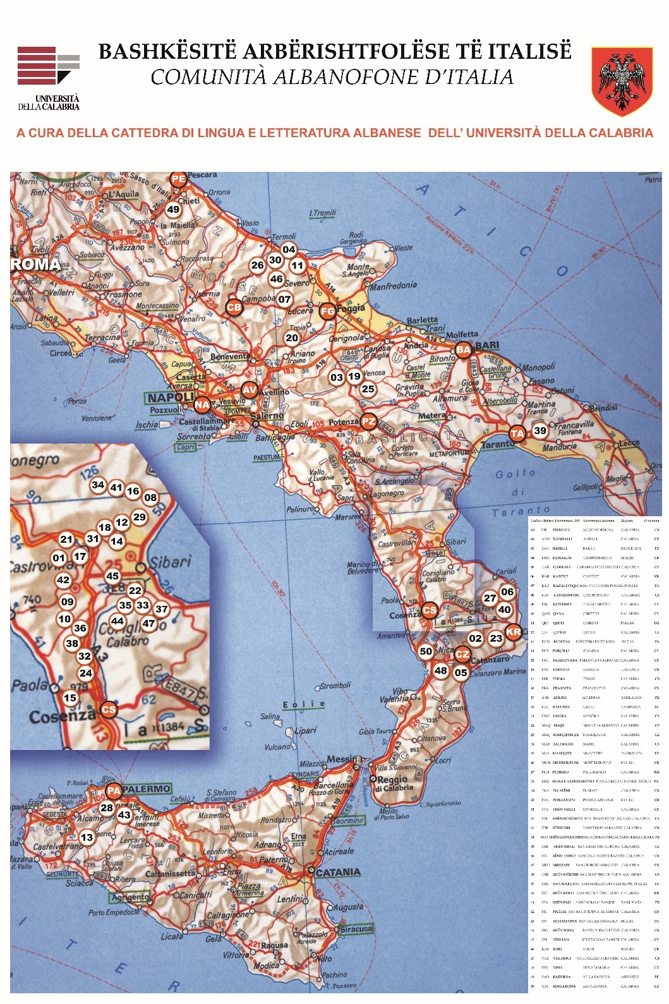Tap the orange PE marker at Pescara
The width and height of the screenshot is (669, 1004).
tap(179, 179)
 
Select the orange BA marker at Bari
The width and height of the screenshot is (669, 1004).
tap(464, 349)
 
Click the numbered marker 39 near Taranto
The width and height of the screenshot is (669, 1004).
tap(539, 431)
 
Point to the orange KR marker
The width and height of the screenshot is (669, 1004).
tap(514, 631)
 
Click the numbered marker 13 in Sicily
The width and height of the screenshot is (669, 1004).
tap(87, 837)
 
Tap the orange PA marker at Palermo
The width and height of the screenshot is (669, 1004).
tap(114, 790)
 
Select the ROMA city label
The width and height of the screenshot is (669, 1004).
tap(35, 265)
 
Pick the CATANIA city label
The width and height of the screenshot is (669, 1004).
tap(338, 873)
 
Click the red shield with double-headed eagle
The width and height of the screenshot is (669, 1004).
tap(622, 81)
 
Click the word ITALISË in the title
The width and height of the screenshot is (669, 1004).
tap(519, 51)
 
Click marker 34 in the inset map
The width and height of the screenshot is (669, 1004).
tap(98, 485)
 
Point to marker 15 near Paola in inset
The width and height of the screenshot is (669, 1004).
tap(70, 698)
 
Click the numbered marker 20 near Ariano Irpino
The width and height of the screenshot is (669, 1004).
tap(291, 337)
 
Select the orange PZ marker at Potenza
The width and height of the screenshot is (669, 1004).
tap(368, 421)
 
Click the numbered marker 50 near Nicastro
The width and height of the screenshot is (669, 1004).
tap(426, 651)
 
